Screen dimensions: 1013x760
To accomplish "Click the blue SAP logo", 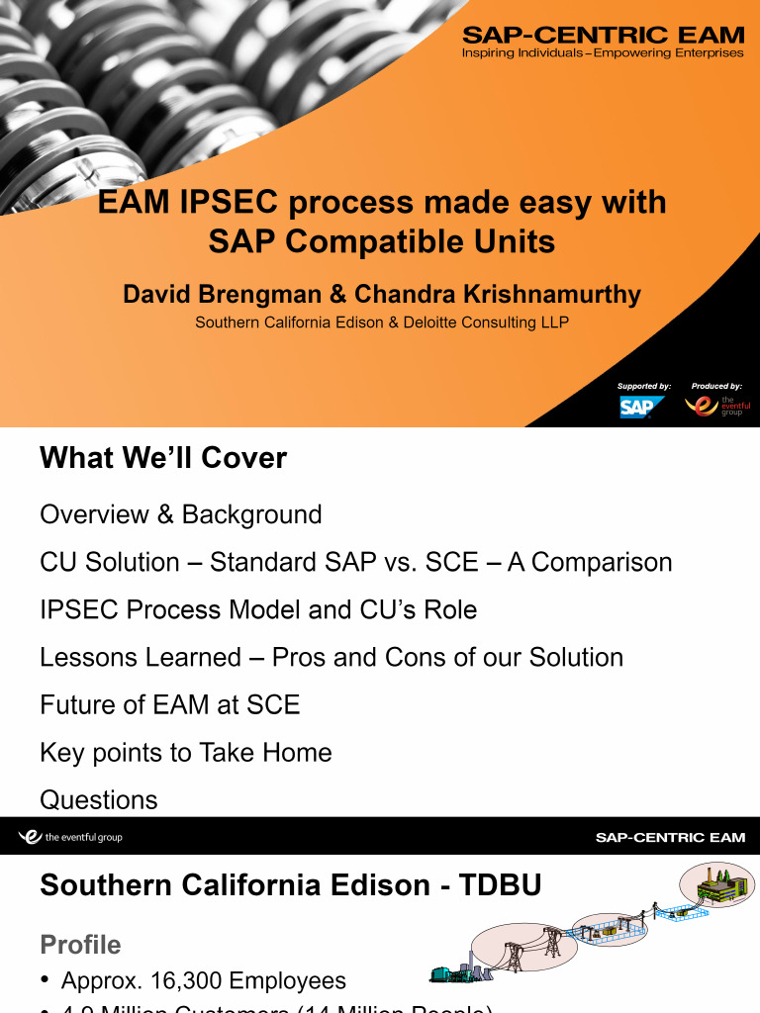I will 641,407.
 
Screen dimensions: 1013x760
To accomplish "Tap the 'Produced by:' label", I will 717,386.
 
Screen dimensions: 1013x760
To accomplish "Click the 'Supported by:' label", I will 644,386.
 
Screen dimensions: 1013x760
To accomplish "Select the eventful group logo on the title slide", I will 716,407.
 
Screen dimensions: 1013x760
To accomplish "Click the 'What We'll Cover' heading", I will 163,458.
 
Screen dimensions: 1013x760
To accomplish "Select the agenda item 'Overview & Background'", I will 181,514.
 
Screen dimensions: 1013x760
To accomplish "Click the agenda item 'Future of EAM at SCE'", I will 169,705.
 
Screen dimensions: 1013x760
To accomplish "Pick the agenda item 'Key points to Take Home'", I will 185,753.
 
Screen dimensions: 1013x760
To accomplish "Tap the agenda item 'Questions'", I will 98,800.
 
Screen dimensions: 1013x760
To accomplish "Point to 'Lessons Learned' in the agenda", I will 141,658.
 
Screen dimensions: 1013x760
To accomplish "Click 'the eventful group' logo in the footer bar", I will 70,838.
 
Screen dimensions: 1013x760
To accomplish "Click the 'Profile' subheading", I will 80,945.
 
